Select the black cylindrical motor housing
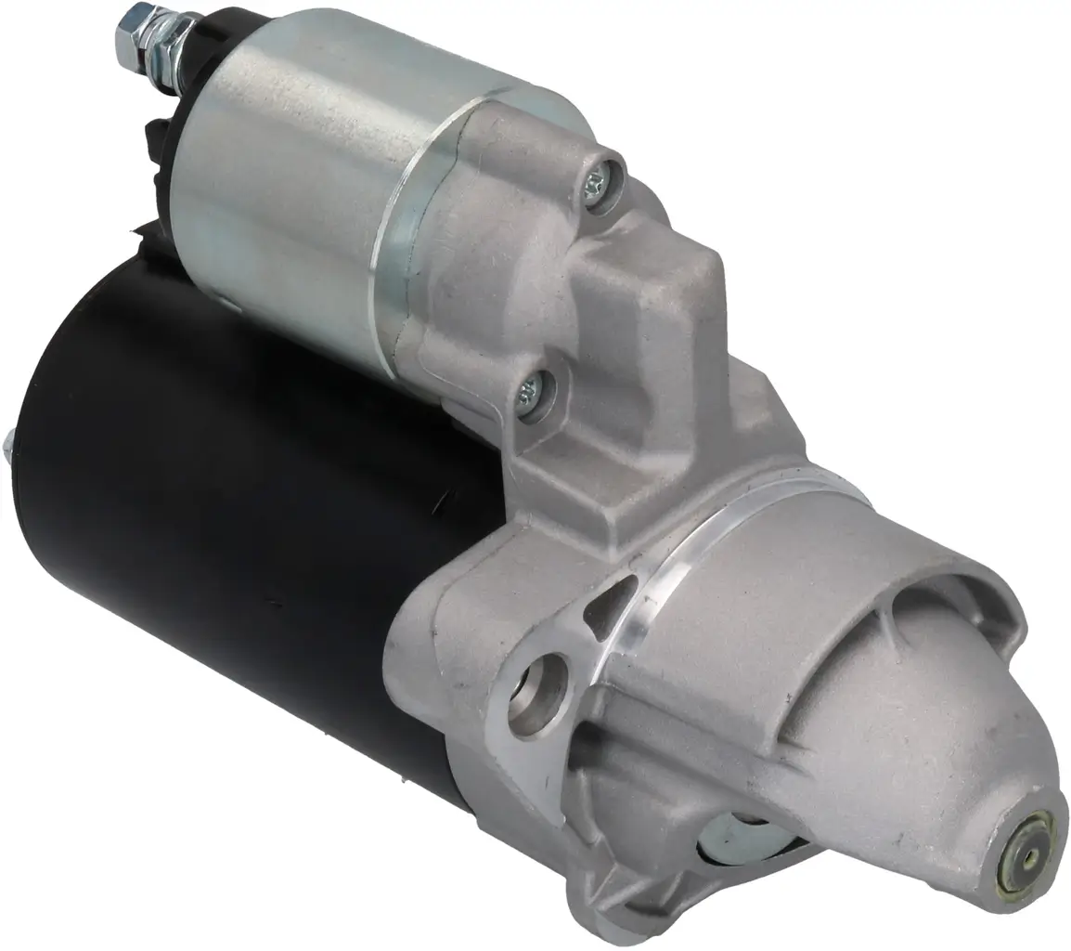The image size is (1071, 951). [x=213, y=511]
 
